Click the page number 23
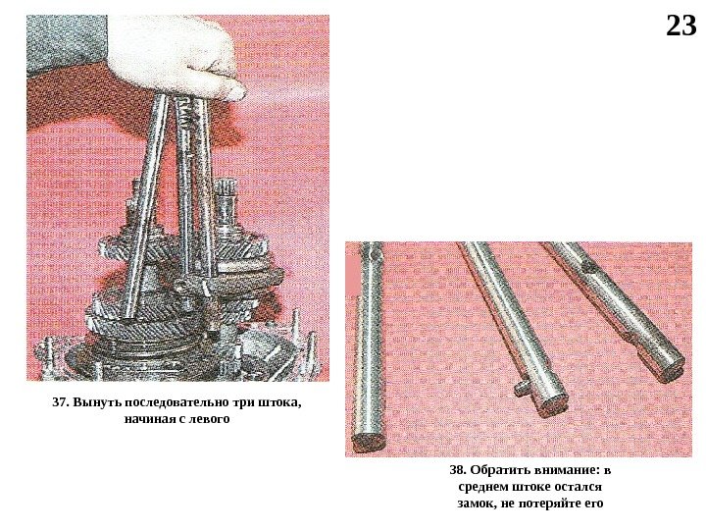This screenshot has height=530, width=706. [681, 26]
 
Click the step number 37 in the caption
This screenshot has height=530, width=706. [60, 402]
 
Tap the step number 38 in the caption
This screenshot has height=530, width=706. [458, 470]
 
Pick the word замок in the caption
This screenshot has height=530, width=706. [477, 503]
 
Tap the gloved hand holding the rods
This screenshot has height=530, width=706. [180, 59]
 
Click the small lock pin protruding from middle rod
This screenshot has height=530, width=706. [524, 388]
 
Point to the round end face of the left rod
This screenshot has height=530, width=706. [369, 442]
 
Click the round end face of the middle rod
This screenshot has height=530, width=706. [553, 403]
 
